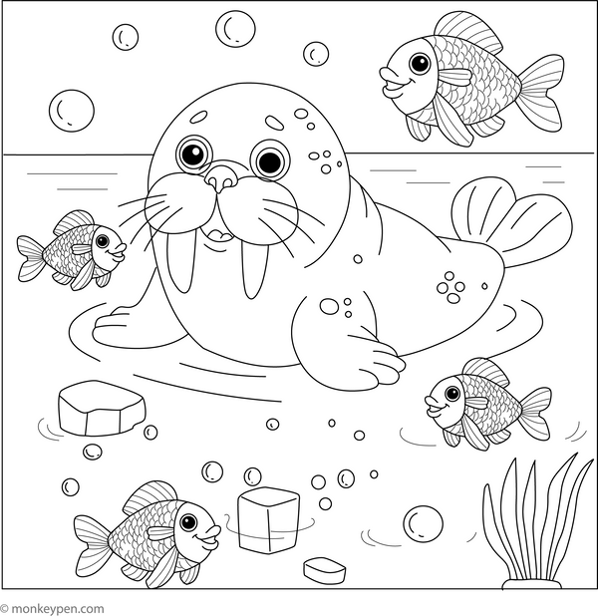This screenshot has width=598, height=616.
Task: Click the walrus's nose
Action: [x=221, y=179]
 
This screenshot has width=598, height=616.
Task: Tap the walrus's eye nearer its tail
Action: [x=267, y=158]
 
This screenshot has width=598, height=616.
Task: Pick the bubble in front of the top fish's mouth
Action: [x=317, y=53]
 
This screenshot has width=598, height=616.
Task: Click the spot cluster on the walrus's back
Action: [x=451, y=287]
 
